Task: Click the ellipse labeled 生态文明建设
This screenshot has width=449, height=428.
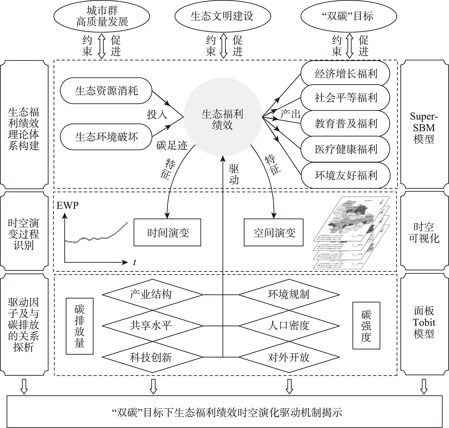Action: point(222,16)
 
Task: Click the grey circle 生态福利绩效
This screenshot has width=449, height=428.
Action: point(222,119)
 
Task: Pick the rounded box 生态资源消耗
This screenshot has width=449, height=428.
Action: point(106,91)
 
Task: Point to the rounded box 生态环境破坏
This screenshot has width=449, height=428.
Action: point(106,137)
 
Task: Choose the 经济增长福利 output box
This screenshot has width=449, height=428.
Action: point(345,74)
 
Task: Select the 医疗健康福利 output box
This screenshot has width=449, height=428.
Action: point(345,149)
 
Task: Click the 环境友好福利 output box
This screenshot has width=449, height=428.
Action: point(345,175)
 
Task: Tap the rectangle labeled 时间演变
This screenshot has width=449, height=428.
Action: point(167,233)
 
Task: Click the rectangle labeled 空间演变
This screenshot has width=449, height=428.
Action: point(274,233)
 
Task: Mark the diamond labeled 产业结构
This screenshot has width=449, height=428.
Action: point(151,295)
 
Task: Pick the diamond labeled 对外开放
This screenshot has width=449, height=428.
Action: point(288,357)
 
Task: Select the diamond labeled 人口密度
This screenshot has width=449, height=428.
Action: point(288,326)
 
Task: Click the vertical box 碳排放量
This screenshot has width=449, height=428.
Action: point(80,326)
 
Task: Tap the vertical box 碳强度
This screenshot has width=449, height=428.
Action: point(366,326)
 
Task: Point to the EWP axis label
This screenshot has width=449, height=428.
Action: point(67,206)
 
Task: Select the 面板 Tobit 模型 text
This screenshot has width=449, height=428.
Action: point(424,322)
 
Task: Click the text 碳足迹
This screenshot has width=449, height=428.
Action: point(172,146)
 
